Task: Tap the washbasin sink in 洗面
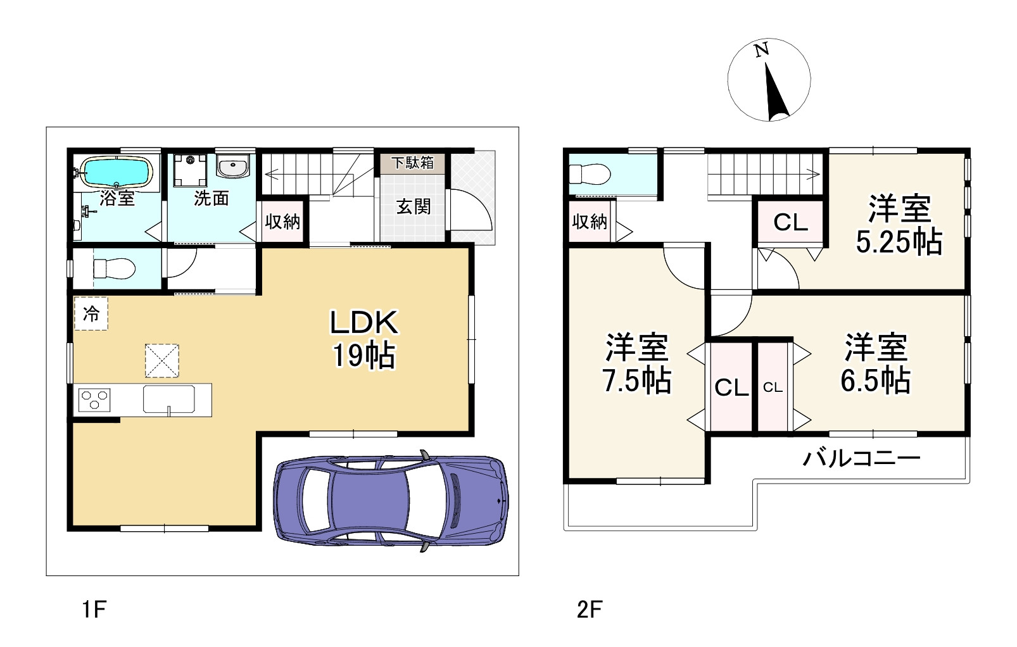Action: pos(232,168)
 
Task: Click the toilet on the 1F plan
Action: pos(114,269)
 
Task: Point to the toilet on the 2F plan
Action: pos(589,173)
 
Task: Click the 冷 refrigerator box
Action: pos(91,313)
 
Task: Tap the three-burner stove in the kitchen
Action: pos(94,400)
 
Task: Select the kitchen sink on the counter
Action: pos(169,399)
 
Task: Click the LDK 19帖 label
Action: pos(364,339)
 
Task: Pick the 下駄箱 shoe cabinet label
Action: pos(413,163)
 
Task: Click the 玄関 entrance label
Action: pos(414,206)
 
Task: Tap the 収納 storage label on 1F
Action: pos(282,222)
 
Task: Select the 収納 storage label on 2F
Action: pos(590,222)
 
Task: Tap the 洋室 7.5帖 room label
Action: pos(636,363)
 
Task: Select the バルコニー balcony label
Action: pos(861,457)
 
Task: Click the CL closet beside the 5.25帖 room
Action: pos(790,222)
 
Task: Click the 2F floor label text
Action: pos(589,610)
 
